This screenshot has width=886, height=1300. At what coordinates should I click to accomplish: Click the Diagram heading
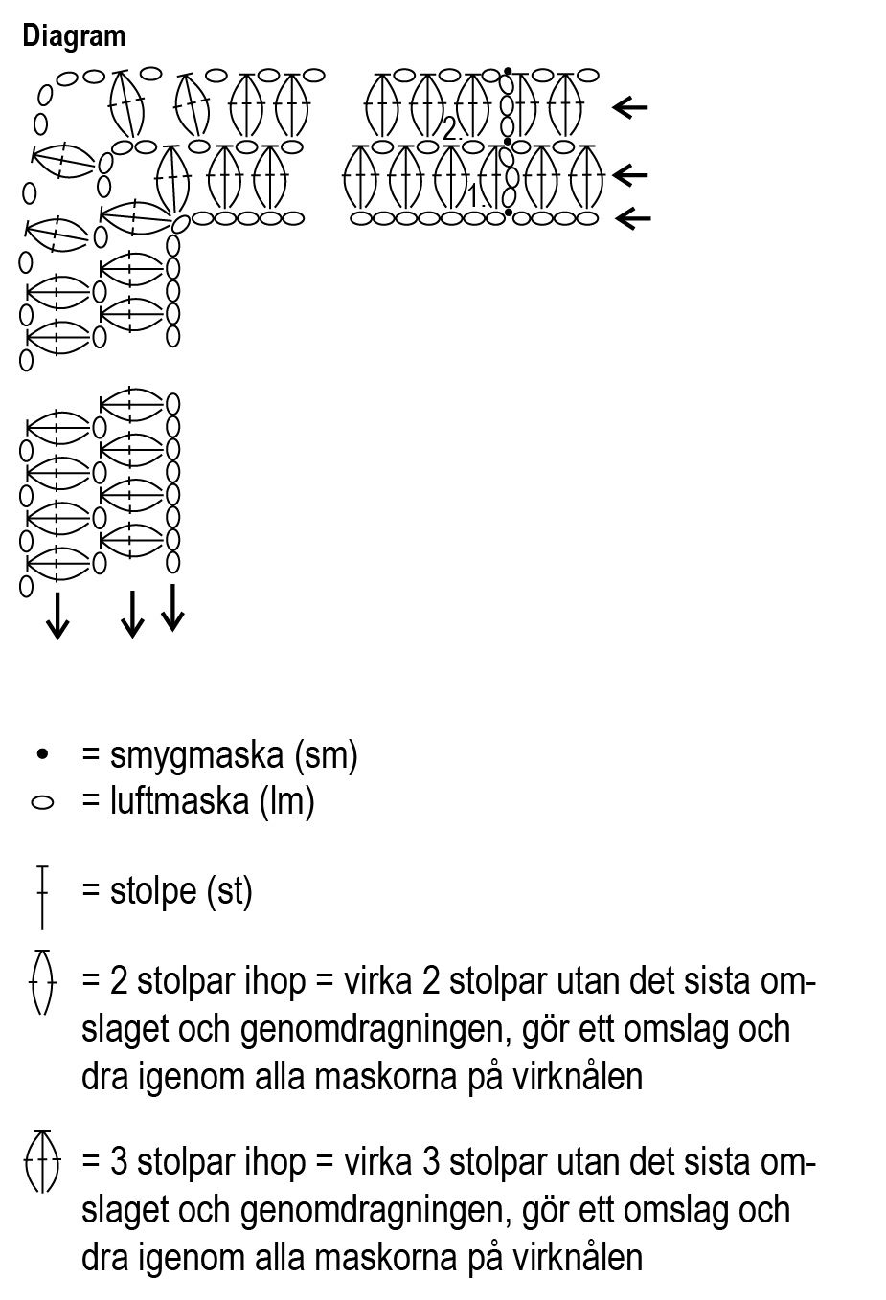(74, 36)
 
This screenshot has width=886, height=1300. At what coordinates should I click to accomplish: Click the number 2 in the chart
(449, 129)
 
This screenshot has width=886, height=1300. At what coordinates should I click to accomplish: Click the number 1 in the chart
(472, 195)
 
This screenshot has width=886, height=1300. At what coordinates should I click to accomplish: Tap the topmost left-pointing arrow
(630, 107)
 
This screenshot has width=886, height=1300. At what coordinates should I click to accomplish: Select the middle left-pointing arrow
(630, 175)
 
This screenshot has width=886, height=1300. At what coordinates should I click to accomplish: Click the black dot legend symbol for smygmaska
(42, 755)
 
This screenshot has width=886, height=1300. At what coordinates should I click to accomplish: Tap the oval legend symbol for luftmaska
(42, 802)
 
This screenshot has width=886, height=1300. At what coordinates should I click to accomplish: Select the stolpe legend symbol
(42, 896)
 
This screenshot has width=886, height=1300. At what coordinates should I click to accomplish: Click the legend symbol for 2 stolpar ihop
(42, 981)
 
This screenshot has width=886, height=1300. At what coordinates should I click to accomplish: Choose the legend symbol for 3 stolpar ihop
(42, 1160)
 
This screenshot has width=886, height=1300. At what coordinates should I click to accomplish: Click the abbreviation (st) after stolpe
(230, 891)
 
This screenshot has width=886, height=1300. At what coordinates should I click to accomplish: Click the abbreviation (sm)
(327, 756)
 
